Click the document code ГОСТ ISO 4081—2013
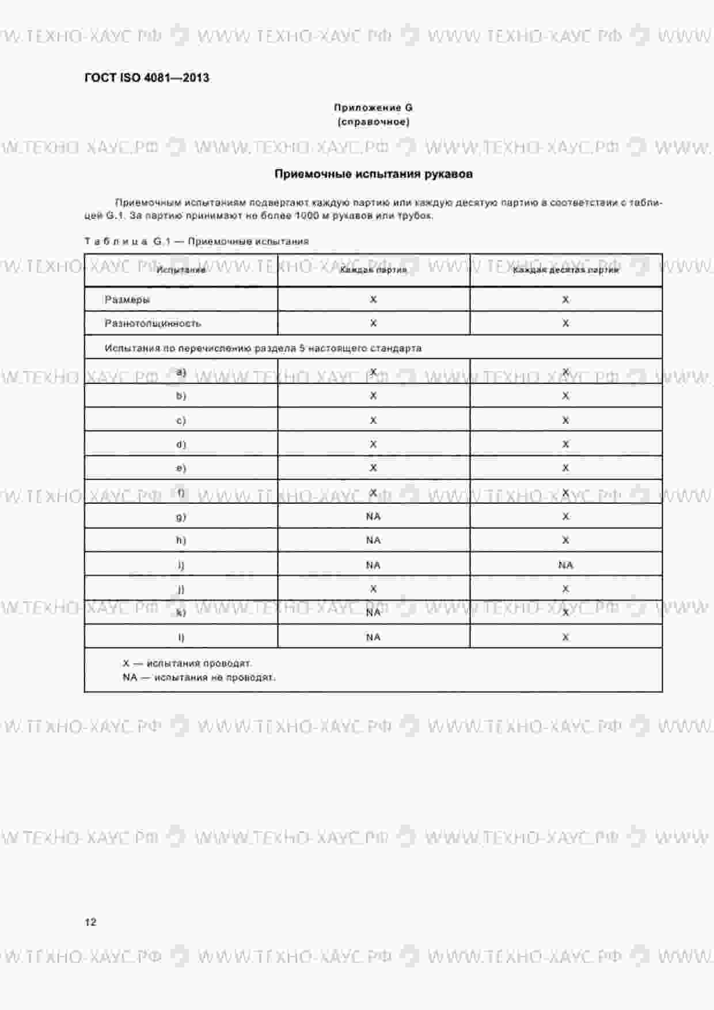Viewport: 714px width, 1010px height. [147, 78]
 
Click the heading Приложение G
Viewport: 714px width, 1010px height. [373, 108]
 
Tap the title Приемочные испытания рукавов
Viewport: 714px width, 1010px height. [373, 174]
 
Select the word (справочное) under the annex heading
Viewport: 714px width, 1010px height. [373, 122]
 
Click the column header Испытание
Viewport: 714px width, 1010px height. [181, 269]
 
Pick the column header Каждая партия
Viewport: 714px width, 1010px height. [373, 269]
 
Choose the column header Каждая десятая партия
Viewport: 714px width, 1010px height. [565, 269]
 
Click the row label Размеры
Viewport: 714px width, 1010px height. [127, 299]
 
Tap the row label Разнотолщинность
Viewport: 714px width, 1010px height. [153, 324]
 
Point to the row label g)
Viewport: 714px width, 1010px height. [181, 517]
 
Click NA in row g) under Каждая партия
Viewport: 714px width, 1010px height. [373, 517]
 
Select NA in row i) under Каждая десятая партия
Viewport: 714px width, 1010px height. [565, 565]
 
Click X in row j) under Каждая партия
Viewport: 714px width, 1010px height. [373, 589]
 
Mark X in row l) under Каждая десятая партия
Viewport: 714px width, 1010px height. [565, 637]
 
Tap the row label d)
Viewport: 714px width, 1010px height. [181, 444]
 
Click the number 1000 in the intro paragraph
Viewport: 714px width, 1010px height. [306, 216]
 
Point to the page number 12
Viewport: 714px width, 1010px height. [90, 922]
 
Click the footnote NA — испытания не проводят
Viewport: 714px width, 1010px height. [199, 677]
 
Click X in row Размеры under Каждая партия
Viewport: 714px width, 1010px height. [373, 299]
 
